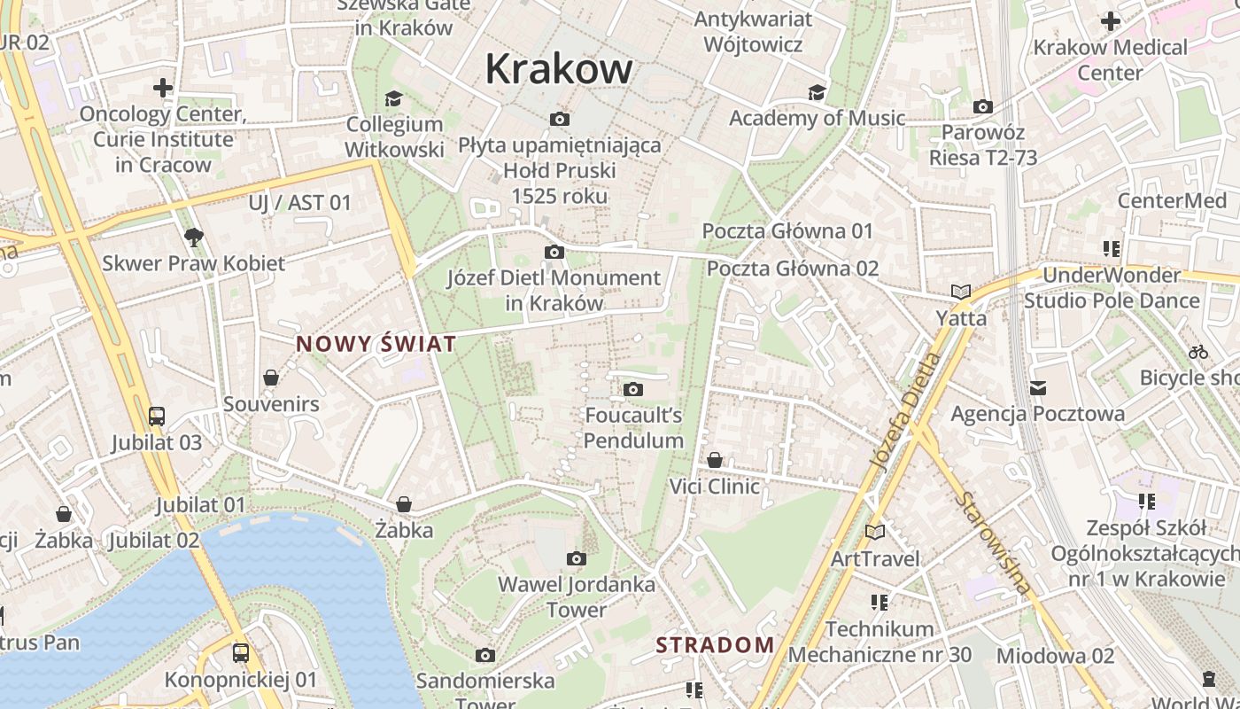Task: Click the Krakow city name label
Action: (559, 69)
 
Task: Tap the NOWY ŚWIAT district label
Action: (376, 345)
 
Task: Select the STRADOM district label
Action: (715, 645)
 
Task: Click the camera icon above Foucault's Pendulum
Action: (633, 389)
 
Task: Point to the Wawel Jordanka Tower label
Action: (577, 596)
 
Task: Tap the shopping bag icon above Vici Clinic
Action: (715, 460)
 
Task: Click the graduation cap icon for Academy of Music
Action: (817, 93)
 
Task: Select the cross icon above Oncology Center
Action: (163, 88)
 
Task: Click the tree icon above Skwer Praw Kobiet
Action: (194, 237)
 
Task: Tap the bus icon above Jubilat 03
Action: (157, 416)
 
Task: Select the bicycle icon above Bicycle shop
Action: (1198, 352)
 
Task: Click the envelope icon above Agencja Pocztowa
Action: (1038, 388)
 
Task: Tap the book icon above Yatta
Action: (961, 292)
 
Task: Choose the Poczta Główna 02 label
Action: (793, 269)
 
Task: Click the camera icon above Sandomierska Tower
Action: (485, 655)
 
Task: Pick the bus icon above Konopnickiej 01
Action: (241, 653)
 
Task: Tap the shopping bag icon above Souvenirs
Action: (271, 378)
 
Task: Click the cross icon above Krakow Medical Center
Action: (1111, 21)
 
